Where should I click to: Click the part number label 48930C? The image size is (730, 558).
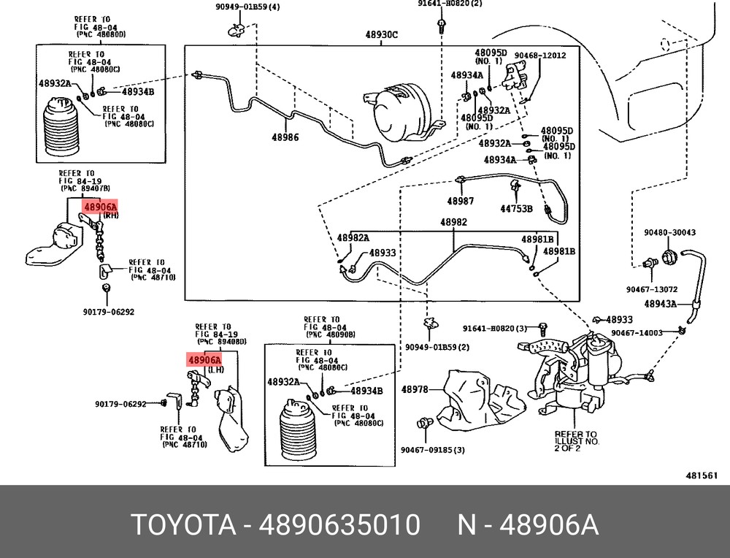[x=381, y=34]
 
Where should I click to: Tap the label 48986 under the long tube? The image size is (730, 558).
[x=285, y=137]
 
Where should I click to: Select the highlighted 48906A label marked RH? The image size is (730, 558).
[x=100, y=207]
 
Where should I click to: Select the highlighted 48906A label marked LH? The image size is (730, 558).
[x=204, y=360]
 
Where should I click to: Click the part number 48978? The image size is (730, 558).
[x=415, y=389]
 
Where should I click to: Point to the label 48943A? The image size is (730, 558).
[x=660, y=304]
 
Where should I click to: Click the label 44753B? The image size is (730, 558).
[x=516, y=209]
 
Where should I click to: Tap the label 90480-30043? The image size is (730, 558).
[x=669, y=232]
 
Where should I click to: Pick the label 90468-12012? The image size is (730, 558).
[x=540, y=56]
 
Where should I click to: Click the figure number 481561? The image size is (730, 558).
[x=702, y=475]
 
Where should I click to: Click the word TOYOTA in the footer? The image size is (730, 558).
[x=184, y=524]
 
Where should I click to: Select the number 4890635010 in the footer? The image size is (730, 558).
[x=339, y=524]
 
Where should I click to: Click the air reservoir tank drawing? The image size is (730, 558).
[x=404, y=112]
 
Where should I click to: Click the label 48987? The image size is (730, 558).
[x=461, y=201]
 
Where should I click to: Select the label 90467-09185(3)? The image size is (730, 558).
[x=432, y=451]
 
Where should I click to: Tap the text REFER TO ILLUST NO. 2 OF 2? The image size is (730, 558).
[x=577, y=441]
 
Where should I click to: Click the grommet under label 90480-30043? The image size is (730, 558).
[x=669, y=256]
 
